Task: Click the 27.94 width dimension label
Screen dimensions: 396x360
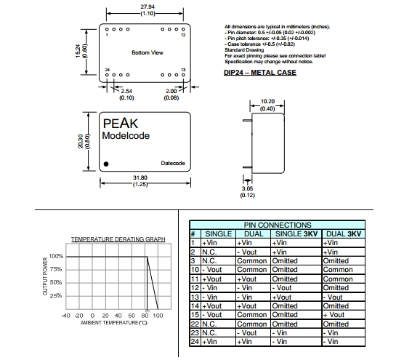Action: (x=148, y=7)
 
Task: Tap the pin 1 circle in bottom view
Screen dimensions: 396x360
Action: (x=107, y=29)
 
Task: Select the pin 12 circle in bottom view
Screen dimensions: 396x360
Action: (x=183, y=29)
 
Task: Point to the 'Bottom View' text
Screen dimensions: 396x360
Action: (x=148, y=52)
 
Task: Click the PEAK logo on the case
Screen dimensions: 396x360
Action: (x=121, y=124)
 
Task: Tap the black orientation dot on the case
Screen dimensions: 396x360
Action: (x=106, y=164)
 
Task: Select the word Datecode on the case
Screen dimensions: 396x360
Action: (x=173, y=163)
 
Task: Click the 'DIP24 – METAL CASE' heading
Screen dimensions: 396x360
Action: (x=260, y=73)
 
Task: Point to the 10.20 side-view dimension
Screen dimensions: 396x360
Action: (x=267, y=101)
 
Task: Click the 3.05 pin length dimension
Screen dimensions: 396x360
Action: (x=247, y=188)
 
